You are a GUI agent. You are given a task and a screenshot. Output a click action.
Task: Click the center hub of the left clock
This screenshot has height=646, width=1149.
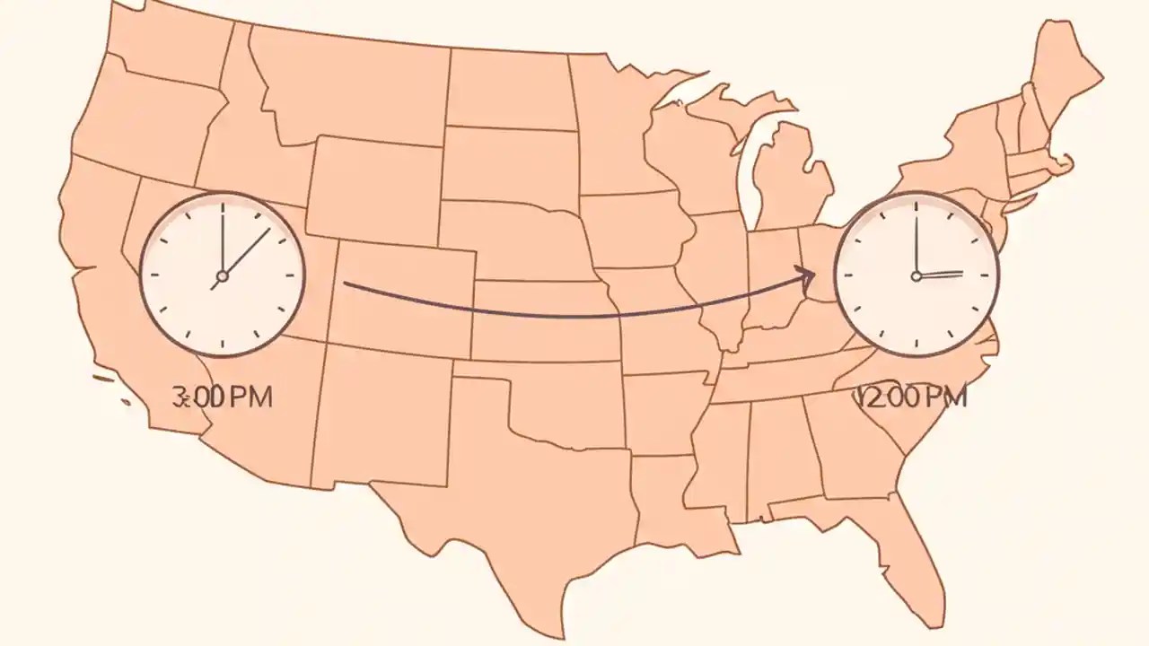[x=222, y=275]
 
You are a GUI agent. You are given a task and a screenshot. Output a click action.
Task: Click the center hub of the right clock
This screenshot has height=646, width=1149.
[x=917, y=275]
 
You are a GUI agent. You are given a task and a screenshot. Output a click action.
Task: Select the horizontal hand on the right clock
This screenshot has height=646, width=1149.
[x=941, y=274]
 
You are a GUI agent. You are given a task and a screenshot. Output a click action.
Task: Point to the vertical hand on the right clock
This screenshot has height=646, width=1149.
[x=917, y=238]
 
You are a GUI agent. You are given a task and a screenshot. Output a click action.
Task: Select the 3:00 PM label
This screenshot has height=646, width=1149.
[x=222, y=397]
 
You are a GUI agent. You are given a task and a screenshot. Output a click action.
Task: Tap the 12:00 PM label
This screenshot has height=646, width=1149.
[x=913, y=397]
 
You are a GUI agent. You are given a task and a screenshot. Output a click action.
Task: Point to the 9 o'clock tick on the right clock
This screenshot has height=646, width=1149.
[x=847, y=275]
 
